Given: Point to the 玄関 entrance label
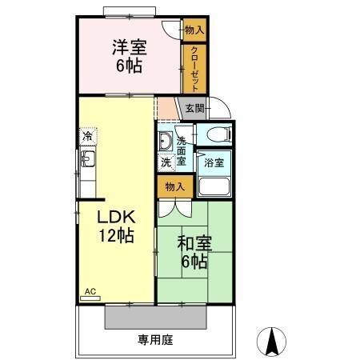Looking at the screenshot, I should pos(194,108).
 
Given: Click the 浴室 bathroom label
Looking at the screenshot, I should pos(214,162).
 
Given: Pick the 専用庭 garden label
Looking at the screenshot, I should pos(157,340).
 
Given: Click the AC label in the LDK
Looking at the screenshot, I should pos(90,292).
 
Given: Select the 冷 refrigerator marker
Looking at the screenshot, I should pos(86,137).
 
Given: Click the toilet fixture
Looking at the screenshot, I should pos(216,134).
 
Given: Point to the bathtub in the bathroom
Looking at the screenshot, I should pos(214,186).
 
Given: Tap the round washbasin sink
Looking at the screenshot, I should pos(165,142).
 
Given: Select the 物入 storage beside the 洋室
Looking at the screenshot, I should pos(194,30).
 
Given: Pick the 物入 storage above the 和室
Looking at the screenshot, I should pos(174,187).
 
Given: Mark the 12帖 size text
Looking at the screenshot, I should pos(115,236).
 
